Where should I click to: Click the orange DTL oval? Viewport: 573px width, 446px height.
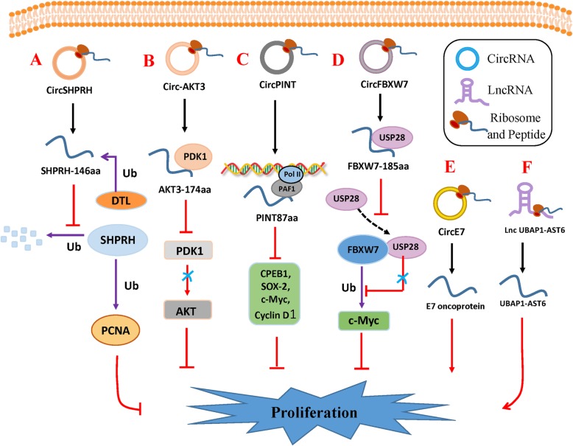tap(121, 201)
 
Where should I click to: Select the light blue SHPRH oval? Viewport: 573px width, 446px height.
tap(117, 240)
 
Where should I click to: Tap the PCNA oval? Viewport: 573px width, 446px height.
tap(116, 330)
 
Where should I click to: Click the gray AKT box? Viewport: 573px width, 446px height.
tap(188, 310)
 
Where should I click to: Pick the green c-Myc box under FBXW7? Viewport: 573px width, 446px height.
tap(364, 321)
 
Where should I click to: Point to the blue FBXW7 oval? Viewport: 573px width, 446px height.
tap(363, 249)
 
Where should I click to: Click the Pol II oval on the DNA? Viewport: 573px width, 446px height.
tap(291, 175)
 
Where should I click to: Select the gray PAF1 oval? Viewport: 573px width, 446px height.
tap(286, 189)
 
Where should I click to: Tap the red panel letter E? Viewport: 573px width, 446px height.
tap(450, 167)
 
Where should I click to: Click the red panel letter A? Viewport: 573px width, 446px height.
tap(36, 59)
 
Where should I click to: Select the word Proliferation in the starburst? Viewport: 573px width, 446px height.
tap(314, 412)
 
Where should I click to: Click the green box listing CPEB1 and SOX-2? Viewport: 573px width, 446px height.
tap(275, 294)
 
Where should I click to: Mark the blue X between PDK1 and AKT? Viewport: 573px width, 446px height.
tap(188, 276)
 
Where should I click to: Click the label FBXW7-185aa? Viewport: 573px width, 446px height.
tap(379, 167)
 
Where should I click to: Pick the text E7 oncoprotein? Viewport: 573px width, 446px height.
tap(455, 306)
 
